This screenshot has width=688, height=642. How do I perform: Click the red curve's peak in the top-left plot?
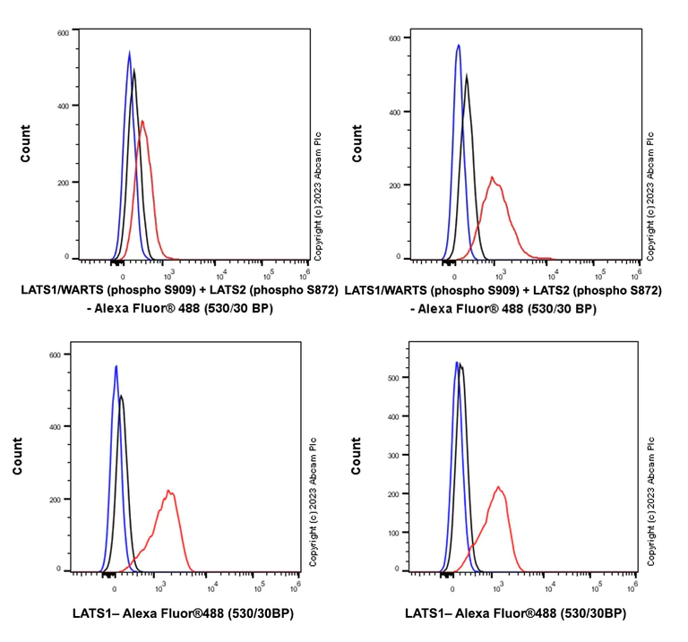point(142,121)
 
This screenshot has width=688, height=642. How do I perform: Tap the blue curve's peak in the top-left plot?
point(129,52)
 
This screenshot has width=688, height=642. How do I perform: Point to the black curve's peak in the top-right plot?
point(467,76)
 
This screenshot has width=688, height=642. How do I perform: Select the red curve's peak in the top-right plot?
point(492,176)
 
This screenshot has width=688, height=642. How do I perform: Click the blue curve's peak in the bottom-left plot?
point(116,366)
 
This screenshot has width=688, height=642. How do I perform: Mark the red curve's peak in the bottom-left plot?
point(168,491)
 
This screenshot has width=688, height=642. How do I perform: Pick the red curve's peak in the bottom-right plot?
point(498,487)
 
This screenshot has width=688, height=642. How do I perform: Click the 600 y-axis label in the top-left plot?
point(62,33)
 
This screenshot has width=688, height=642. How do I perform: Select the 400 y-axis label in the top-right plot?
point(395,112)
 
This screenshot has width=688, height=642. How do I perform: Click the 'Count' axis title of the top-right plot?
point(357,147)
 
